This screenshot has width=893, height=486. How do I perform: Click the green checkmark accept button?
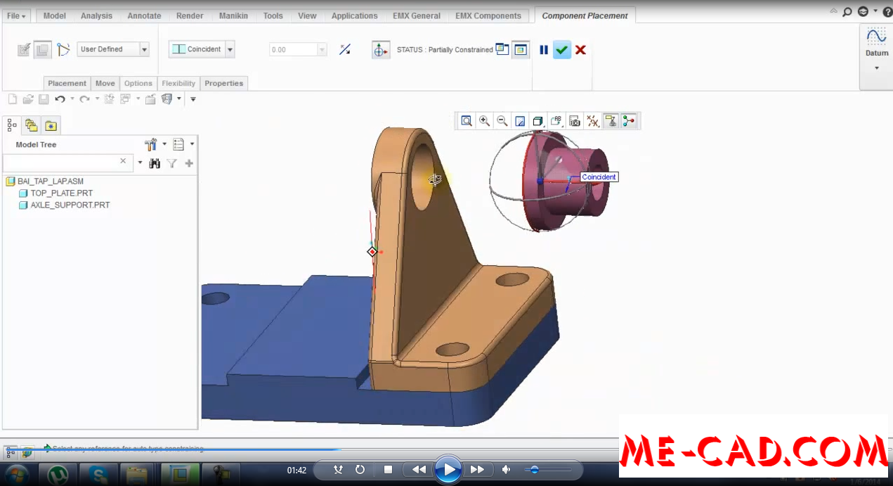pyautogui.click(x=561, y=50)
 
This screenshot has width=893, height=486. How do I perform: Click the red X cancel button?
pyautogui.click(x=580, y=50)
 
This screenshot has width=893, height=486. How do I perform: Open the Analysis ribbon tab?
pyautogui.click(x=96, y=15)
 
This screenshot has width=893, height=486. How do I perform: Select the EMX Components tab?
pyautogui.click(x=488, y=15)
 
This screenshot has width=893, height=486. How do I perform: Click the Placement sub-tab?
pyautogui.click(x=67, y=83)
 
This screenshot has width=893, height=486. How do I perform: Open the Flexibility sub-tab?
pyautogui.click(x=178, y=83)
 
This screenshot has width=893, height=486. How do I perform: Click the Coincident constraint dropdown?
pyautogui.click(x=202, y=49)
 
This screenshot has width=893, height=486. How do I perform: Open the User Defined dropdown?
pyautogui.click(x=112, y=49)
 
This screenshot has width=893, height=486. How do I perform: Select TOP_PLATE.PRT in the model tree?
pyautogui.click(x=61, y=193)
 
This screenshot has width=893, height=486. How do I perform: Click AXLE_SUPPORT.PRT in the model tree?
pyautogui.click(x=70, y=205)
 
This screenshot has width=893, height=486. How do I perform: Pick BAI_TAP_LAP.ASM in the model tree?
pyautogui.click(x=50, y=181)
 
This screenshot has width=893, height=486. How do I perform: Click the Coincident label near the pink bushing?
pyautogui.click(x=599, y=177)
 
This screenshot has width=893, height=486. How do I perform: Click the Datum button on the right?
pyautogui.click(x=876, y=43)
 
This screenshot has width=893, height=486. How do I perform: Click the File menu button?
pyautogui.click(x=16, y=15)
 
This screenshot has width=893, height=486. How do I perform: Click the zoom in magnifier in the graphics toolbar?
pyautogui.click(x=484, y=121)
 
